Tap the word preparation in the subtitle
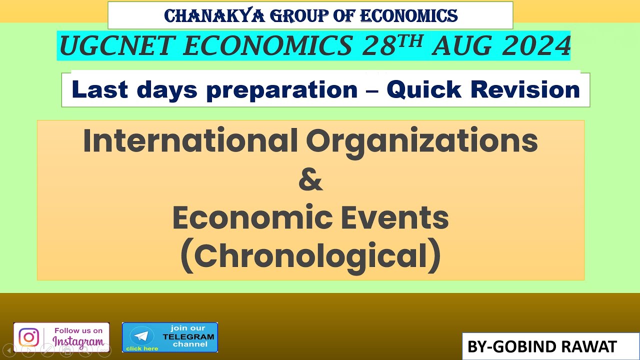point(281,90)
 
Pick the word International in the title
point(190,141)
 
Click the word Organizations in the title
point(421,141)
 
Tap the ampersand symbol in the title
point(310,180)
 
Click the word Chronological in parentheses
point(310,256)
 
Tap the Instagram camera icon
point(28,337)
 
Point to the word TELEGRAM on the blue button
point(188,336)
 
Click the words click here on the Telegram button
point(142,348)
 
